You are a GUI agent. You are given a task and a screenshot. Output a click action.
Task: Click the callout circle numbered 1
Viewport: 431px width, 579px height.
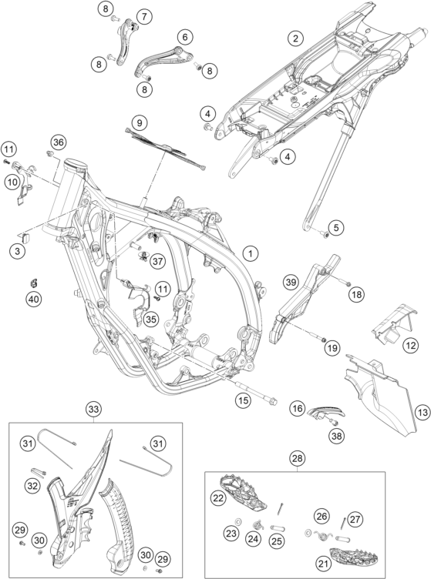click(x=251, y=253)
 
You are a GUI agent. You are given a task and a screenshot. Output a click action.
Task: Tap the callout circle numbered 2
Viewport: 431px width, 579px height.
click(x=295, y=38)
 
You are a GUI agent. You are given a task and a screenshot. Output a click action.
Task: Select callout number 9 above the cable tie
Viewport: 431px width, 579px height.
click(x=140, y=122)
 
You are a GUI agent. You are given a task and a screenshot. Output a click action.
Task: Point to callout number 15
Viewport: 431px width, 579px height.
click(x=244, y=400)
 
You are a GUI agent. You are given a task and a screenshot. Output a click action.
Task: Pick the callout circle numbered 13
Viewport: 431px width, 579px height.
click(x=422, y=411)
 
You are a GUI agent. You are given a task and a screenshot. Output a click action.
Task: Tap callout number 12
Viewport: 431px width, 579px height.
click(x=411, y=346)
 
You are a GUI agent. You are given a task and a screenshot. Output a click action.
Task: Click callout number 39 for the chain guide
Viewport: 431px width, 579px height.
click(x=291, y=283)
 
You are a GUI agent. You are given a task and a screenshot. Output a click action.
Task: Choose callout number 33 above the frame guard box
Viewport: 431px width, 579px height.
click(x=93, y=409)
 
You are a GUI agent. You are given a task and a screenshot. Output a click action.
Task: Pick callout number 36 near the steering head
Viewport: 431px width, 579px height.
click(x=59, y=142)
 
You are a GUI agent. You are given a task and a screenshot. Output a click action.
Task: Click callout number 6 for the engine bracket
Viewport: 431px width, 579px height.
click(x=185, y=36)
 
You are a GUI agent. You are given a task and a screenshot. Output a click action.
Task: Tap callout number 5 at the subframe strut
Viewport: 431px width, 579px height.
click(x=336, y=227)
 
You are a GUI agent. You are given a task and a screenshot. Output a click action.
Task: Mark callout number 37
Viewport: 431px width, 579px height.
click(x=158, y=262)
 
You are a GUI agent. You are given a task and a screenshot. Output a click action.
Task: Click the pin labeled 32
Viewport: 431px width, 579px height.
click(x=38, y=472)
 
